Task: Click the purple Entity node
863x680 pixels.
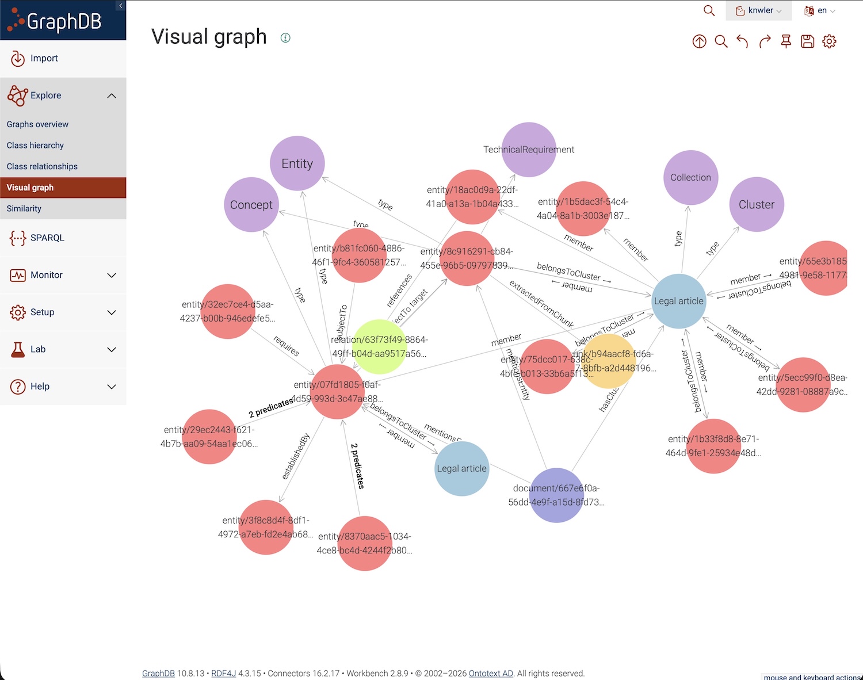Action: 297,163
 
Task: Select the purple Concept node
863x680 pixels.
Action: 251,205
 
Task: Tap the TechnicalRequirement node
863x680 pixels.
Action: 529,150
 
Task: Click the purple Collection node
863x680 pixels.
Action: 690,178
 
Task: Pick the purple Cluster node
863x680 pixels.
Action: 757,205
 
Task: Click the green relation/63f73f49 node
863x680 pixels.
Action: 379,346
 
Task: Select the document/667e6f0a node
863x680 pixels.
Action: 556,495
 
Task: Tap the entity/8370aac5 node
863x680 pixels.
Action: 365,543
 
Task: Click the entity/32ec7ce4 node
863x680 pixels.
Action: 228,311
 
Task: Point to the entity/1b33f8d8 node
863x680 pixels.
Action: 713,446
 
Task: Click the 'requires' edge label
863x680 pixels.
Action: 286,346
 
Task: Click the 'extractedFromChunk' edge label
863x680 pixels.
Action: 541,304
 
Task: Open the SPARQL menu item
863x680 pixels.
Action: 47,238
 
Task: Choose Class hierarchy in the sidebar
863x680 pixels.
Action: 35,146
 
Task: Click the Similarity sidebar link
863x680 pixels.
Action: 24,208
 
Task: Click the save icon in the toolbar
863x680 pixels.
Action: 808,41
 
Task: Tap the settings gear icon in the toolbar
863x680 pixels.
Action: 829,41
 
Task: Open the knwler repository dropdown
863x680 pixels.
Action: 759,10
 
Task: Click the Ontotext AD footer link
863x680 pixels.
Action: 491,673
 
